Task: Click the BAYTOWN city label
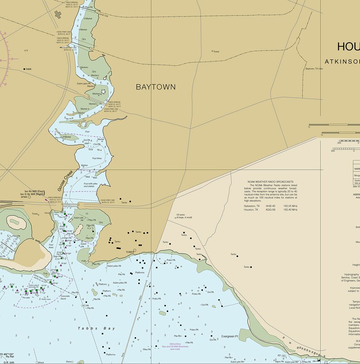(x=156, y=87)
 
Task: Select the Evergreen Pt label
(x=230, y=337)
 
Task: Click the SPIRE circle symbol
(x=29, y=197)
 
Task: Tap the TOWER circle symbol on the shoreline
(x=135, y=250)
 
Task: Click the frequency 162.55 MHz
(x=290, y=206)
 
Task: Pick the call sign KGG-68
(x=271, y=209)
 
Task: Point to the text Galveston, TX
(x=252, y=206)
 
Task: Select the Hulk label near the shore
(x=83, y=261)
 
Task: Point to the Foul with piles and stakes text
(x=92, y=184)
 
